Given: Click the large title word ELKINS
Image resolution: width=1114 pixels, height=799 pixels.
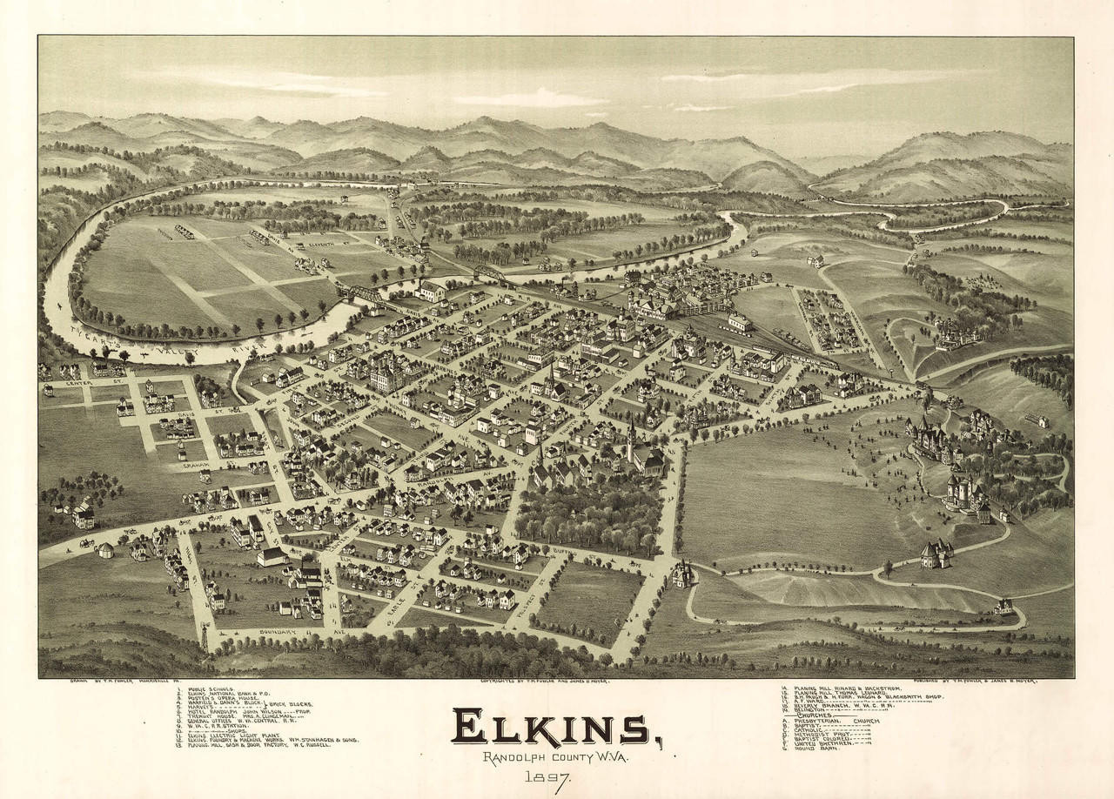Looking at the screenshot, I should (x=554, y=728).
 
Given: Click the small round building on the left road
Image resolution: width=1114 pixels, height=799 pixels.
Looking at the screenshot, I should (x=105, y=550).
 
